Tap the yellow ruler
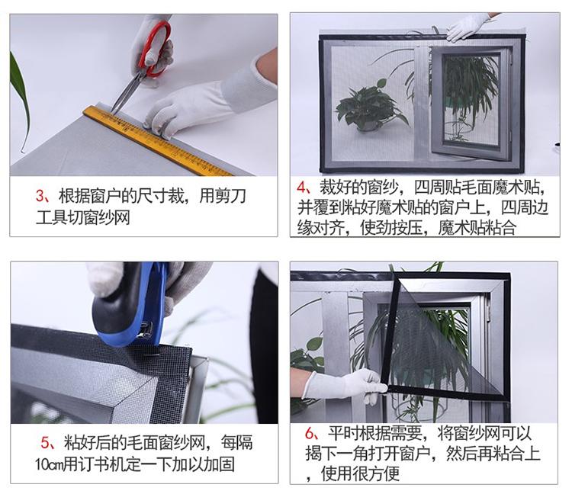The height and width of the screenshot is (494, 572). (158, 141)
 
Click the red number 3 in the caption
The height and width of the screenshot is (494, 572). (40, 196)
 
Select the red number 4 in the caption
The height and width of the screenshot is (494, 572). (302, 187)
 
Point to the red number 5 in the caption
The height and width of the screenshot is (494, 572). (45, 443)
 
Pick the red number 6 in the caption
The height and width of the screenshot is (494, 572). (310, 434)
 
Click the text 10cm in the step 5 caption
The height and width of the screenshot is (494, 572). (49, 465)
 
